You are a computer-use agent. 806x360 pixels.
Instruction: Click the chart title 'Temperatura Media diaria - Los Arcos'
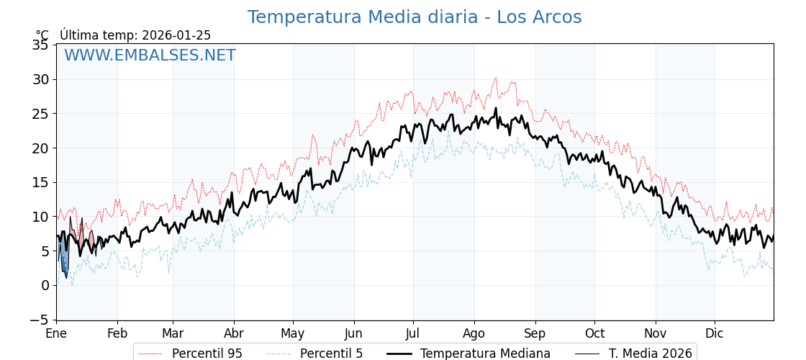415,17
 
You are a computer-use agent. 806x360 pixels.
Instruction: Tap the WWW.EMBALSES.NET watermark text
150,55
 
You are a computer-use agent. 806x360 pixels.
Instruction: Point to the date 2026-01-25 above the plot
176,35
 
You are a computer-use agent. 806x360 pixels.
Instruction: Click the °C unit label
42,35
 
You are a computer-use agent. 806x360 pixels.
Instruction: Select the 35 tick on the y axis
41,45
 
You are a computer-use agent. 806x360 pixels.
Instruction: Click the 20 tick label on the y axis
41,148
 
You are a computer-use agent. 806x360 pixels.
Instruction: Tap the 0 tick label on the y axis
45,285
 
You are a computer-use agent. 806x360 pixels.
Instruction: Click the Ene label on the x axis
56,334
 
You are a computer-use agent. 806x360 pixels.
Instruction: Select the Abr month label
234,334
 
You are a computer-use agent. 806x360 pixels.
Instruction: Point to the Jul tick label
413,334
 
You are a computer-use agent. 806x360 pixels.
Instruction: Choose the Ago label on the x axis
474,334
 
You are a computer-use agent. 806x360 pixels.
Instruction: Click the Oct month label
594,334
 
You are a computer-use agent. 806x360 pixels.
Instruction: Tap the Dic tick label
715,334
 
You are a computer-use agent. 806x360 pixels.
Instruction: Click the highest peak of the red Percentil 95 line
495,78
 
